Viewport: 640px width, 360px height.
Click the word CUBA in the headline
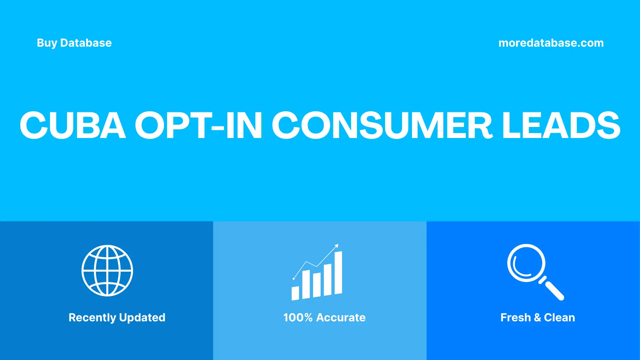(73, 125)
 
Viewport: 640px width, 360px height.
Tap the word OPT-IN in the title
(198, 125)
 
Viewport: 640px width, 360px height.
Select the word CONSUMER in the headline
(382, 125)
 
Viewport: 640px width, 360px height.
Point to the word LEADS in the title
(561, 125)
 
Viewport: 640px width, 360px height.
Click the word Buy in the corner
(47, 43)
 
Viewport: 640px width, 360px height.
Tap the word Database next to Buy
(86, 43)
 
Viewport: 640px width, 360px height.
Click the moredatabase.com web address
(551, 43)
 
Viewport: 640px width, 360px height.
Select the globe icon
(107, 271)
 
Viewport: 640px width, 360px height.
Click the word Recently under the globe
(92, 318)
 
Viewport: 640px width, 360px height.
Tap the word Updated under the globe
(142, 318)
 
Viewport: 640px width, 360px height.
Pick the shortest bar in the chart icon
(295, 293)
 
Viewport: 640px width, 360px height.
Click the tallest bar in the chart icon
(338, 273)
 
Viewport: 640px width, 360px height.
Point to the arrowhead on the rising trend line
(337, 246)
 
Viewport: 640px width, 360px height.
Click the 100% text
(298, 318)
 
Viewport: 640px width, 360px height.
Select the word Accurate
(341, 318)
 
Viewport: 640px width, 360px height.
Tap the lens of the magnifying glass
(526, 263)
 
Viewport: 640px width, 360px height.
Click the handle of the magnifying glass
(554, 290)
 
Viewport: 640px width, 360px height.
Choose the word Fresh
(515, 318)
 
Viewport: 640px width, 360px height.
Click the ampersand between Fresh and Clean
(537, 318)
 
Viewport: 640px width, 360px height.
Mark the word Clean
(559, 318)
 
